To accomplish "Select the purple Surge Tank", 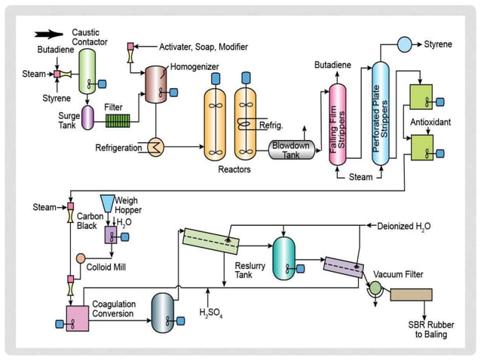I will coord(87,117).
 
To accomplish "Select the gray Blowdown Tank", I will coord(290,149).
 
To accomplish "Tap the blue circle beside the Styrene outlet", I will coord(404,44).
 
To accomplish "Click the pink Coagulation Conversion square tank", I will coord(78,318).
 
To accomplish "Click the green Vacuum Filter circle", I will coord(375,288).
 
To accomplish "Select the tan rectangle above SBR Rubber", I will coord(411,294).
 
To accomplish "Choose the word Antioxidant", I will coord(430,122).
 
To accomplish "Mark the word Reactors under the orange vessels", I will coord(234,169).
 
